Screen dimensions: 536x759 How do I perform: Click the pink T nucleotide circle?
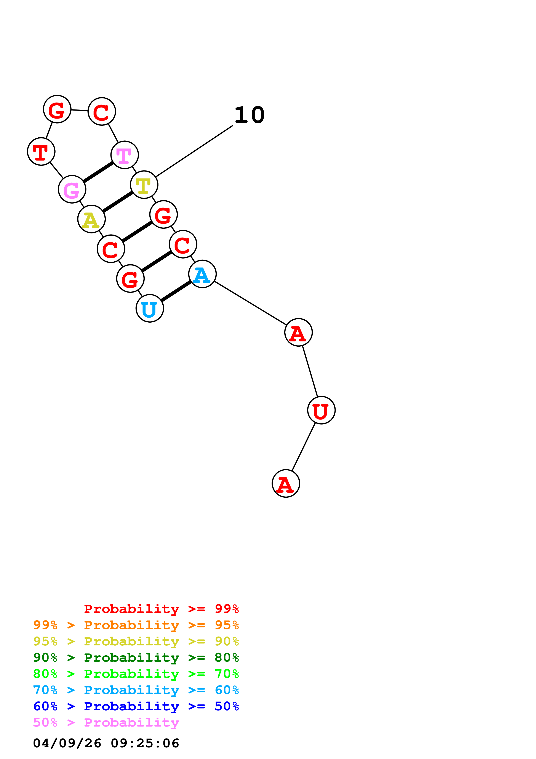[125, 155]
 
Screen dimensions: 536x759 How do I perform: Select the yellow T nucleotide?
[144, 185]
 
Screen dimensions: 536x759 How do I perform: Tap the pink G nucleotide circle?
[72, 189]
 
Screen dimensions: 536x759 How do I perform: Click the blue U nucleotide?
[150, 308]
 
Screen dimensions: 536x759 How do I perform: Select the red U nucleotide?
[321, 410]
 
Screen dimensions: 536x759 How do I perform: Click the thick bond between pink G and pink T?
[98, 172]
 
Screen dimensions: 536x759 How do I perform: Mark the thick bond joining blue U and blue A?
[176, 291]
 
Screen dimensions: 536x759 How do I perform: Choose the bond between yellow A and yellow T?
[118, 202]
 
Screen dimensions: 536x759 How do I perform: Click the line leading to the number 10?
[195, 151]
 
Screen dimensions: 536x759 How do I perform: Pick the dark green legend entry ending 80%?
[136, 658]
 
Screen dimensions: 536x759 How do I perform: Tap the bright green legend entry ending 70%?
[136, 674]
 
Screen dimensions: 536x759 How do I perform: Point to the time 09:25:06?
[145, 743]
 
